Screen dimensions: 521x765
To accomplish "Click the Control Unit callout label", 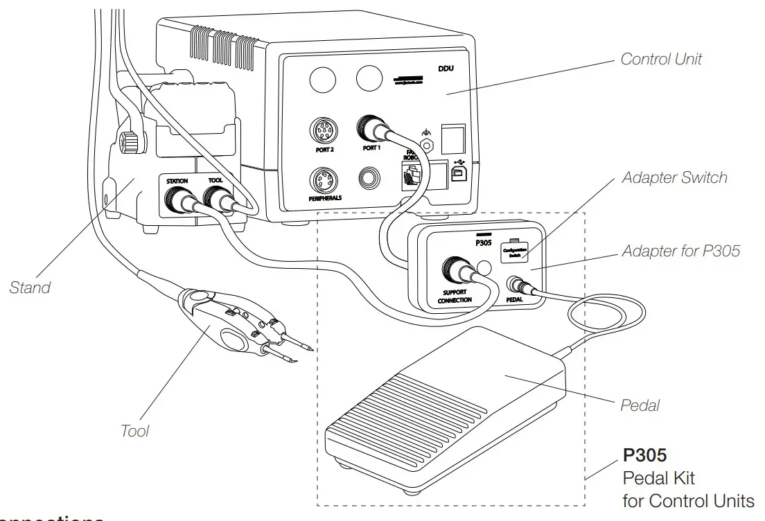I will click(660, 60).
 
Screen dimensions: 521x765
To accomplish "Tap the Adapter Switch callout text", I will click(674, 177).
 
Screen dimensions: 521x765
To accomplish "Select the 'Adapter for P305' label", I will click(680, 250).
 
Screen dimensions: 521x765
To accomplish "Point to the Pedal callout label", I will click(640, 405).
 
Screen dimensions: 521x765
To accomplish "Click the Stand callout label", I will click(30, 287).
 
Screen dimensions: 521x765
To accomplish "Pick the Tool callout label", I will click(134, 430).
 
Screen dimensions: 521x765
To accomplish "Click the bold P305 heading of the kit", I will click(644, 455).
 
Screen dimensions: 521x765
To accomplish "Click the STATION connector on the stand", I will click(177, 201).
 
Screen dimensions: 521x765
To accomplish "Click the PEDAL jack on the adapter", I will click(516, 283).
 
